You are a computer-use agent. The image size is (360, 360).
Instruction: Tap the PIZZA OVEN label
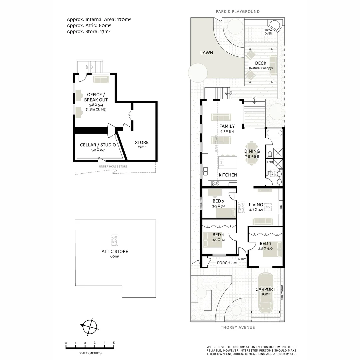click(x=268, y=32)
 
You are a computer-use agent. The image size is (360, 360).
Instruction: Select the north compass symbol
click(x=90, y=326)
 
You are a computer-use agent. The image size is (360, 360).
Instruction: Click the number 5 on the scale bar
click(x=114, y=343)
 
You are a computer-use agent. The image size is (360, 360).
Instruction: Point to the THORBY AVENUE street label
click(x=238, y=327)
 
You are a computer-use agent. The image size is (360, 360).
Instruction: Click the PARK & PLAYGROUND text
click(x=237, y=12)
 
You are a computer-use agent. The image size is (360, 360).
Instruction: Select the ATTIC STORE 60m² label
click(x=115, y=254)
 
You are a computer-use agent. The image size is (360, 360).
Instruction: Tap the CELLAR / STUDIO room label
click(x=98, y=147)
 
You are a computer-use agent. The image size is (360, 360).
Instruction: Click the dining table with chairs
click(x=252, y=153)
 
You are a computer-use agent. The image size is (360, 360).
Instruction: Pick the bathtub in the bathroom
click(x=274, y=134)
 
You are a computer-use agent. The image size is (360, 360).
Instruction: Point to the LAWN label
click(x=207, y=53)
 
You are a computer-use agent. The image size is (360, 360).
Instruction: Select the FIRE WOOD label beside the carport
click(x=282, y=293)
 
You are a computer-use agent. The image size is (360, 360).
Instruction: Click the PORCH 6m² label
click(x=227, y=263)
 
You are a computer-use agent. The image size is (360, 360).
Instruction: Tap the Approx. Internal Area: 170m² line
click(x=99, y=20)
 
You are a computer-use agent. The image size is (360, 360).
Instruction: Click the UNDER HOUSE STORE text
click(x=113, y=166)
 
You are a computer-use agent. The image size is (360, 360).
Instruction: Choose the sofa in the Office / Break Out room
click(x=101, y=79)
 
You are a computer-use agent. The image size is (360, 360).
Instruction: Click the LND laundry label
click(x=270, y=162)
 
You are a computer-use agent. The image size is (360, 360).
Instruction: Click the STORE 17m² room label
click(x=142, y=144)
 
